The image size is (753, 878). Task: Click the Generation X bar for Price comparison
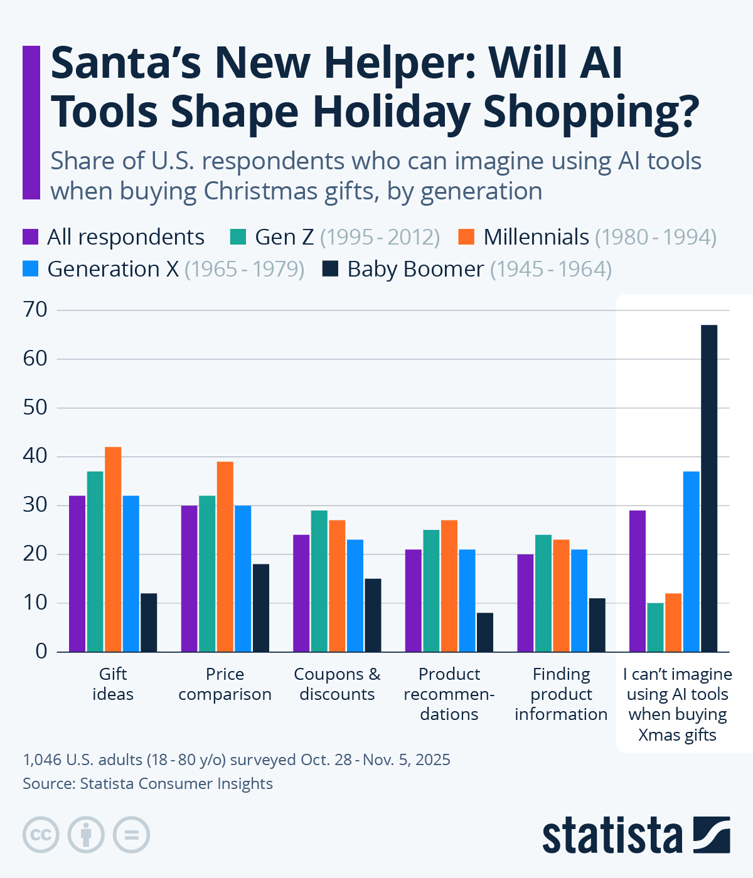[x=243, y=578]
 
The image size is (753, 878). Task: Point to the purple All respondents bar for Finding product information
[x=525, y=603]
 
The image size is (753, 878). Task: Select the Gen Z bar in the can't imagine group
[x=655, y=627]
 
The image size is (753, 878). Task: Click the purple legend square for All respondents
[x=31, y=237]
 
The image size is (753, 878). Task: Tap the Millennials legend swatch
[x=466, y=237]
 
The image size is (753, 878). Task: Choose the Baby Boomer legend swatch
[x=330, y=269]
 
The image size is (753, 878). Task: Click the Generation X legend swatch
[x=31, y=269]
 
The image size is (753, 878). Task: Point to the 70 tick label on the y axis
[x=35, y=310]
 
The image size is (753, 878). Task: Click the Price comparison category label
[x=225, y=684]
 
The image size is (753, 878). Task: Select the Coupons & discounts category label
[x=337, y=684]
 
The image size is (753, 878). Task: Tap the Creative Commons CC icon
[x=41, y=835]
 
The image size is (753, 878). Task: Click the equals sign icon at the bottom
[x=132, y=835]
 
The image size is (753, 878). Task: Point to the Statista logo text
[x=612, y=835]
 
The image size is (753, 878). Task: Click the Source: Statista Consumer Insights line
[x=147, y=784]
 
